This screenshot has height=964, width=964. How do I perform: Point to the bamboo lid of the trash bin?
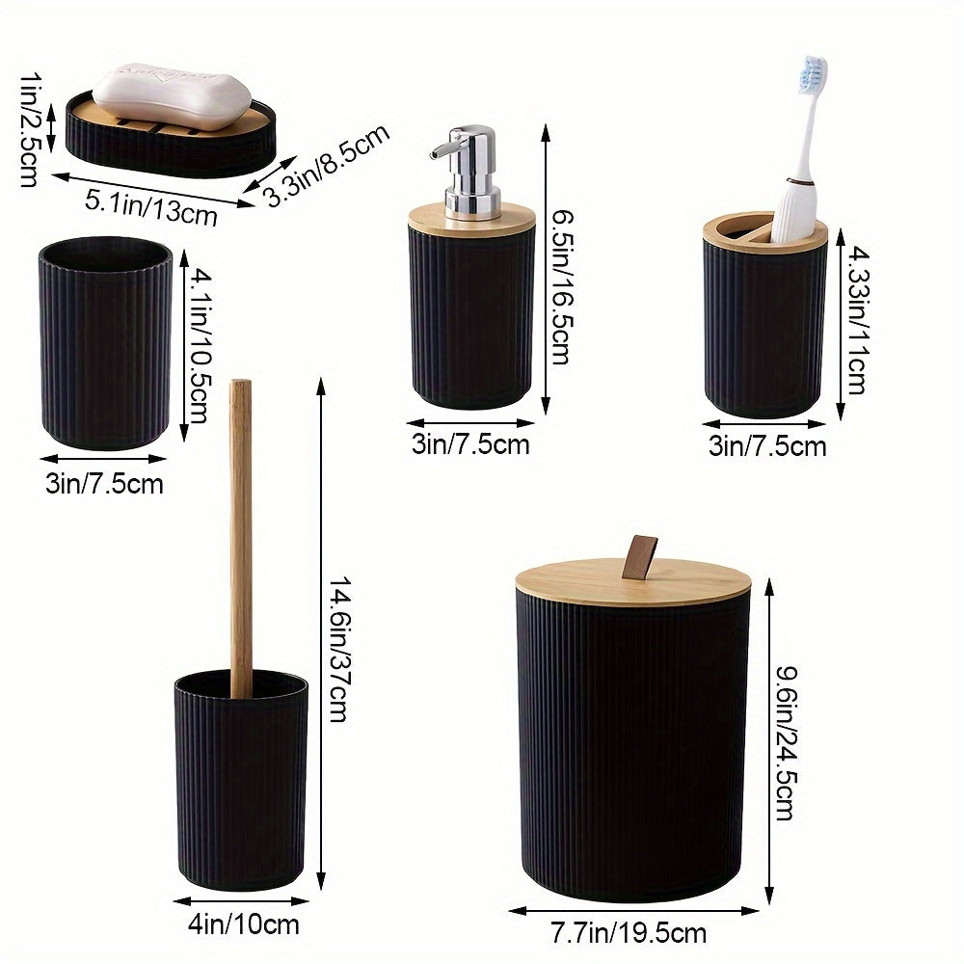(x=631, y=583)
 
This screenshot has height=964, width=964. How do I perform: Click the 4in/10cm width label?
(x=245, y=924)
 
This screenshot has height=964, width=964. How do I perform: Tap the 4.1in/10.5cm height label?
(x=199, y=347)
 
